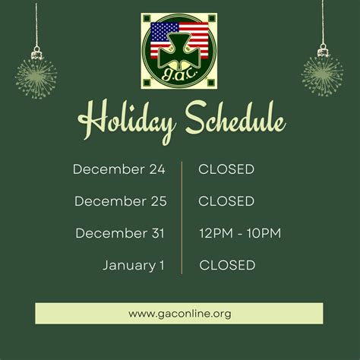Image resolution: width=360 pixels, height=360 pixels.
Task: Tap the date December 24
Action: point(119,169)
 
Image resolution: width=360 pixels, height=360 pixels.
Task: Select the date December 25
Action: point(120,201)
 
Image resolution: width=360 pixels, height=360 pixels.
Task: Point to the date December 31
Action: point(121,233)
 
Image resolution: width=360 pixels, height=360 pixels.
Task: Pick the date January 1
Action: point(134,265)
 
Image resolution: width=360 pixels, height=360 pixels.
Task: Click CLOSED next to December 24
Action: point(226,169)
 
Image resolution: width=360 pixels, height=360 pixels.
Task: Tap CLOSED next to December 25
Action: point(226,201)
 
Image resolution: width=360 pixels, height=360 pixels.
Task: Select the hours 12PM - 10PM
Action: point(240,233)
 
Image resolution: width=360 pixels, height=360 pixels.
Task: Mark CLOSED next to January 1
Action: point(227,265)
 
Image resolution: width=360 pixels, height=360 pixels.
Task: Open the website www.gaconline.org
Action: point(179,313)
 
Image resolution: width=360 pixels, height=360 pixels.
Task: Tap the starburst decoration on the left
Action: point(36,76)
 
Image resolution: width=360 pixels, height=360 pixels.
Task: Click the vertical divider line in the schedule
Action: point(182,217)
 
